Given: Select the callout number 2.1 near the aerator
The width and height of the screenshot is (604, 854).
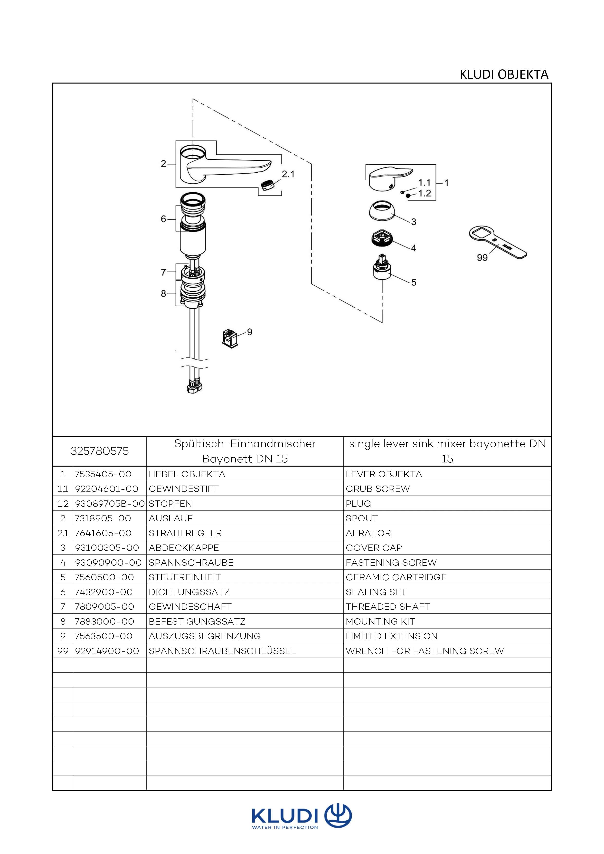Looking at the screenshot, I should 288,174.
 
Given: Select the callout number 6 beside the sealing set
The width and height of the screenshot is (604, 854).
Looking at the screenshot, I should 163,219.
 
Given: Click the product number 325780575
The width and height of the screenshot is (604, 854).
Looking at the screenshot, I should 100,451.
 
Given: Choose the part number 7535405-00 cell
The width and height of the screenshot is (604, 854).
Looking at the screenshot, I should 104,474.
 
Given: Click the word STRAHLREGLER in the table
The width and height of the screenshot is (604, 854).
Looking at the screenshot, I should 185,533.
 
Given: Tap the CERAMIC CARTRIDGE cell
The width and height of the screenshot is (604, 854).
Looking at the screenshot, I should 396,577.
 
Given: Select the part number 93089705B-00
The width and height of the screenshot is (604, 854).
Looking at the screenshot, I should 110,504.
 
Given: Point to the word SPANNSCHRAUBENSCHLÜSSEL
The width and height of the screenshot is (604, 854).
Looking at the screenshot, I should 222,651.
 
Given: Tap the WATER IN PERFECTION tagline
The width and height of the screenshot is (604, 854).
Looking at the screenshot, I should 285,828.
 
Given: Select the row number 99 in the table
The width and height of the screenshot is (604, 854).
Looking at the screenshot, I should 63,651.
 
